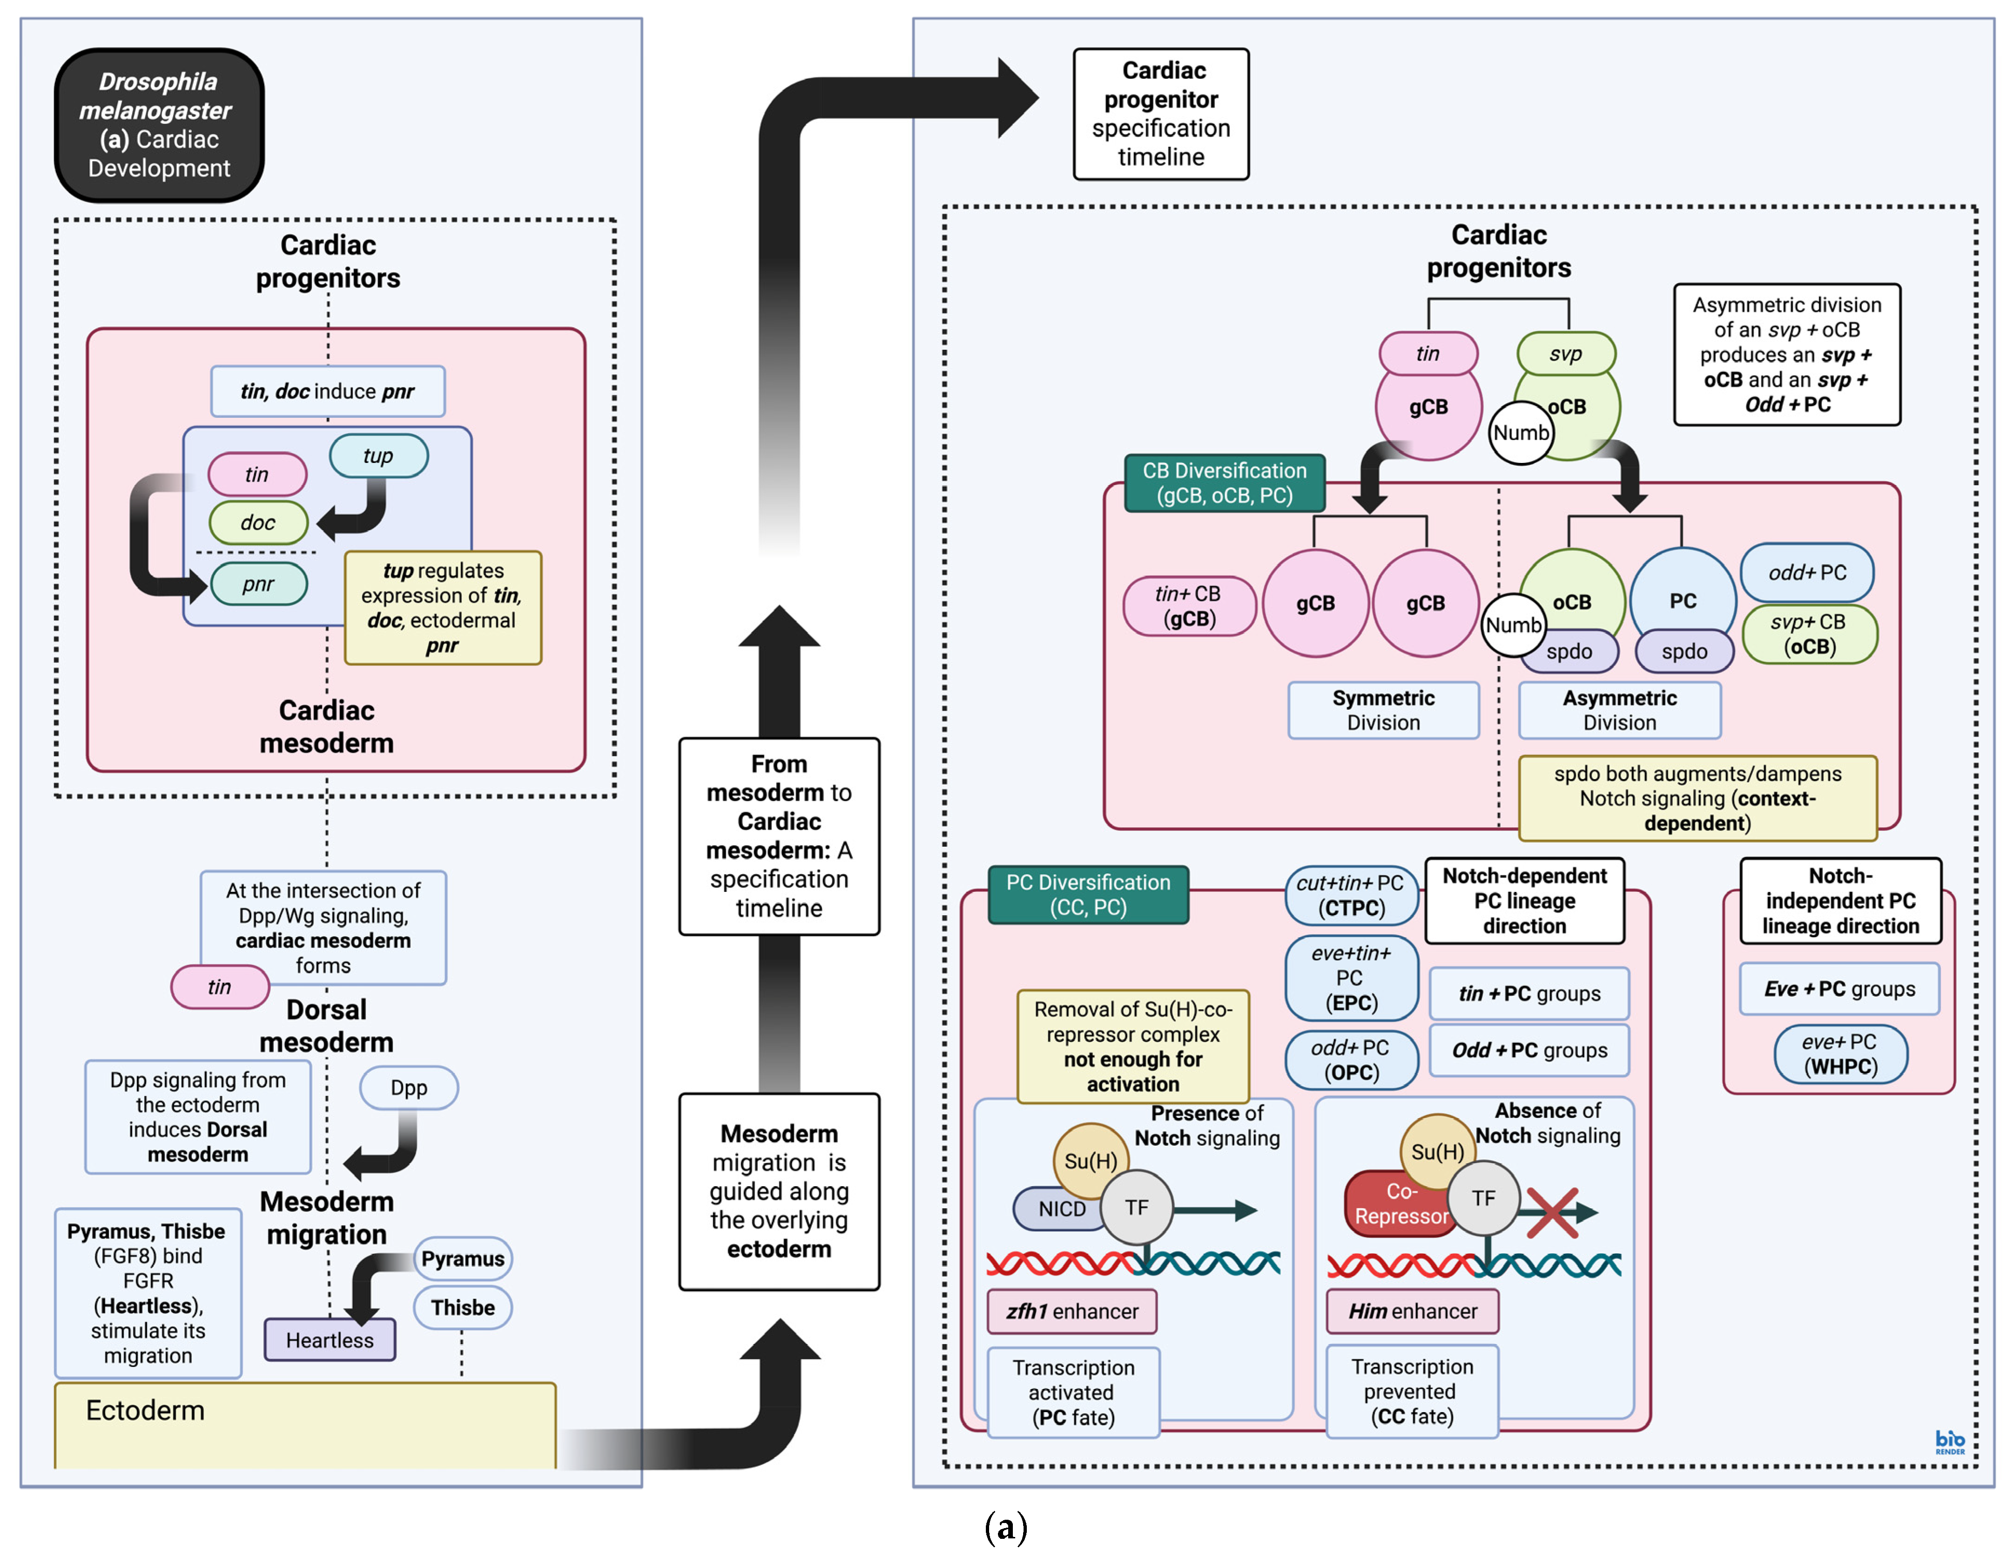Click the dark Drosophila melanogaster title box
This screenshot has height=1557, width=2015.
pyautogui.click(x=159, y=125)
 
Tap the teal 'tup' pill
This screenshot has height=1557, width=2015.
pyautogui.click(x=378, y=456)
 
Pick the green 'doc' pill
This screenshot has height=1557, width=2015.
pyautogui.click(x=258, y=523)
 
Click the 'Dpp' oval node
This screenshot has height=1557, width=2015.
pyautogui.click(x=409, y=1088)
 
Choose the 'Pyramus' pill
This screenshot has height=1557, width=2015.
pyautogui.click(x=462, y=1259)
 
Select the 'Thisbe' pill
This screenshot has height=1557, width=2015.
pyautogui.click(x=462, y=1308)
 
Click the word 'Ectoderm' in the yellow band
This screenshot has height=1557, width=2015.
pyautogui.click(x=145, y=1410)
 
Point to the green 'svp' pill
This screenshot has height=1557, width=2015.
pyautogui.click(x=1566, y=354)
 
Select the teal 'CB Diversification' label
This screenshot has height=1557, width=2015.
pyautogui.click(x=1224, y=483)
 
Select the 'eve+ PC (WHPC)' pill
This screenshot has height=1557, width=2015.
pyautogui.click(x=1840, y=1054)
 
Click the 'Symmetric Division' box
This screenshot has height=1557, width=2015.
pyautogui.click(x=1383, y=710)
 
